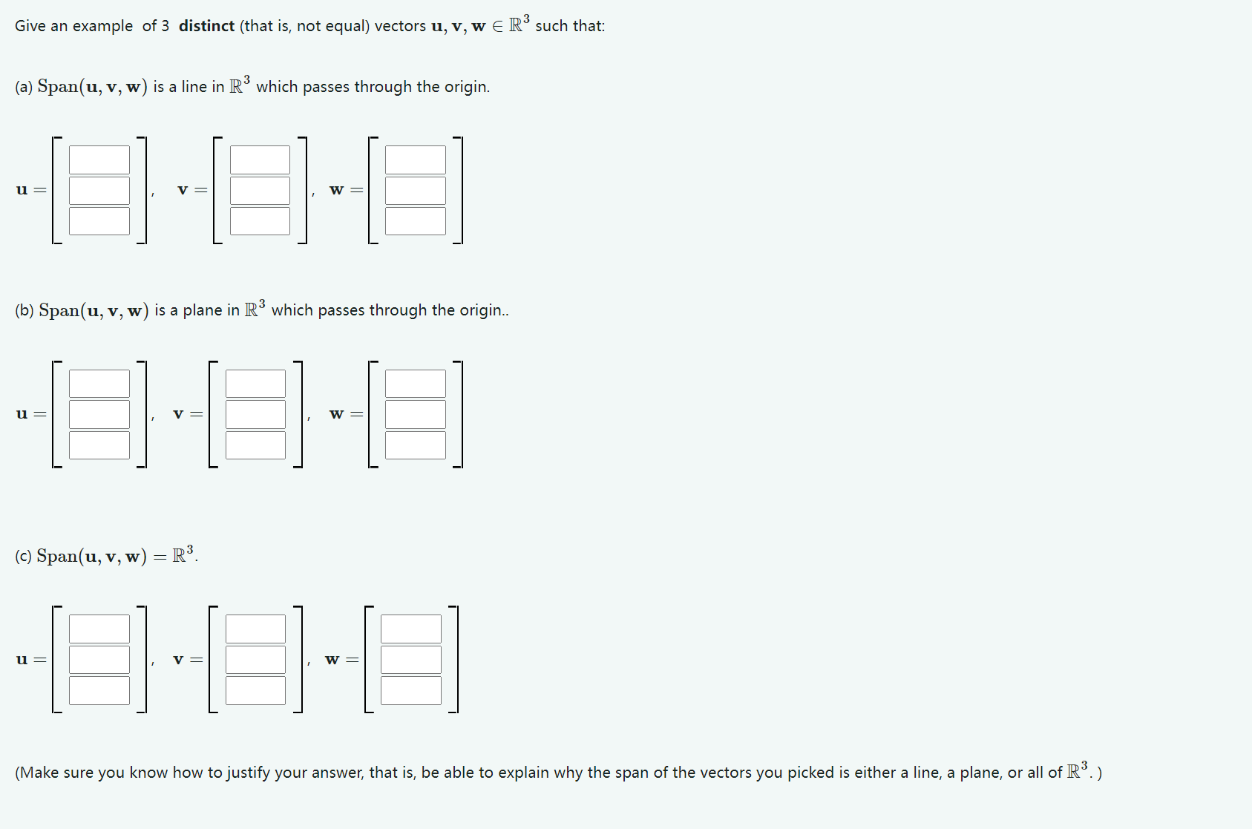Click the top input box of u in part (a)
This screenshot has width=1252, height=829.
pyautogui.click(x=99, y=160)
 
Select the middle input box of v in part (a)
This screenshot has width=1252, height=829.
pyautogui.click(x=260, y=190)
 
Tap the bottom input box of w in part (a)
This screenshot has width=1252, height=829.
pyautogui.click(x=416, y=221)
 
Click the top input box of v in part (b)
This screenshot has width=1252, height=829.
pyautogui.click(x=255, y=384)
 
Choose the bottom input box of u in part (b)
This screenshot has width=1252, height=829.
pyautogui.click(x=99, y=445)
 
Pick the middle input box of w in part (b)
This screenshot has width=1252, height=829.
pyautogui.click(x=416, y=414)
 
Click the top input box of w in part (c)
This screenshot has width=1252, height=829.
pyautogui.click(x=411, y=629)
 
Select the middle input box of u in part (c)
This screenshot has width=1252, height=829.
pyautogui.click(x=99, y=660)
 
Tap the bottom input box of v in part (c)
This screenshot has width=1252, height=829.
pyautogui.click(x=255, y=690)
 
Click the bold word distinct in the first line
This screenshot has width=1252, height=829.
pyautogui.click(x=206, y=26)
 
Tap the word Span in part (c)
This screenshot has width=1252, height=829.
pyautogui.click(x=56, y=556)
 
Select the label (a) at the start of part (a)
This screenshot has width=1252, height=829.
pyautogui.click(x=24, y=87)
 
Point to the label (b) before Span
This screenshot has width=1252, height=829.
pyautogui.click(x=24, y=310)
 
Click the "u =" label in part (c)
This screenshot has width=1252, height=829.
pyautogui.click(x=30, y=659)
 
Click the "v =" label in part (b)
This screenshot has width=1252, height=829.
pyautogui.click(x=188, y=413)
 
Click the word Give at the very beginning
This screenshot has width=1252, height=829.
pyautogui.click(x=30, y=26)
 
